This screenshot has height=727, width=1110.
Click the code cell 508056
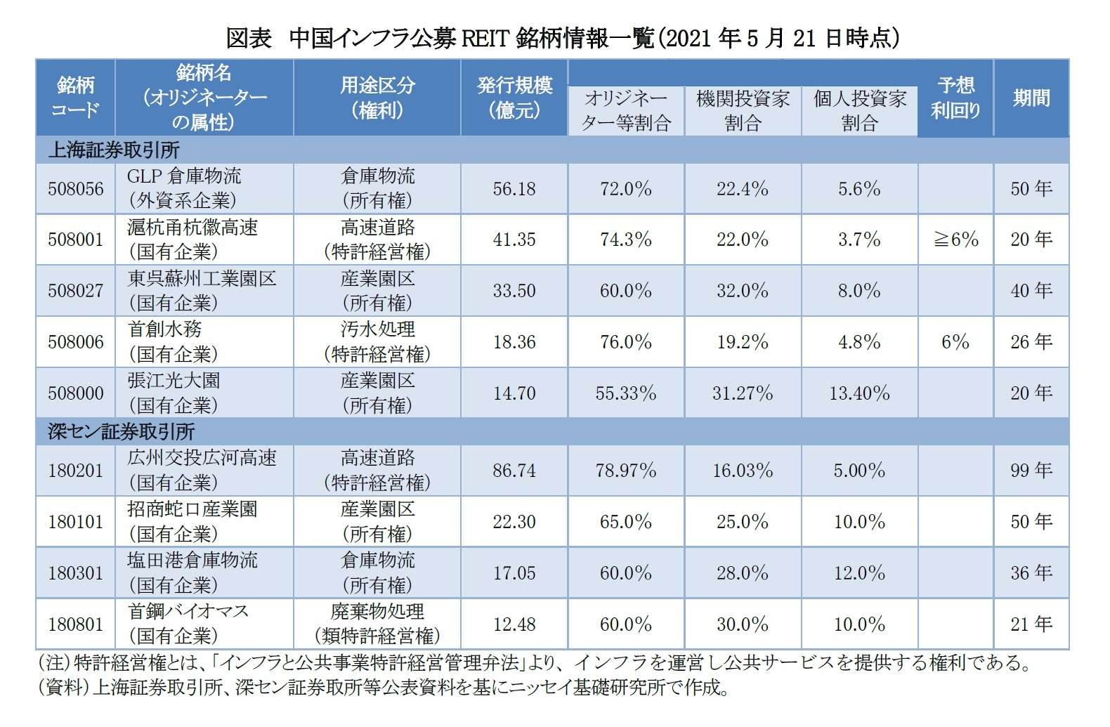(75, 189)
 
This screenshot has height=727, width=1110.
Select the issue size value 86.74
(514, 471)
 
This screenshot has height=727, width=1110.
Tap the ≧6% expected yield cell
(955, 240)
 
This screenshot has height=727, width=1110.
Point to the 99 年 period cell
(1031, 471)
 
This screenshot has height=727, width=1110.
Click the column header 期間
(1031, 98)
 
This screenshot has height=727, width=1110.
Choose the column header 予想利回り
(955, 98)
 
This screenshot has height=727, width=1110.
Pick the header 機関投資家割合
(743, 111)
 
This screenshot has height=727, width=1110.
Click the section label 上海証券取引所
(114, 150)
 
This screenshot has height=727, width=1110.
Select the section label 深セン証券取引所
(121, 431)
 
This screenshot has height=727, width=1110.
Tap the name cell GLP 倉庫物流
(184, 176)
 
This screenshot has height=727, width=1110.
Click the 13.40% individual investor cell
(859, 393)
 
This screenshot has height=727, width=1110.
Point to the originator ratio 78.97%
(625, 471)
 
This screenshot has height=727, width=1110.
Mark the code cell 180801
(75, 624)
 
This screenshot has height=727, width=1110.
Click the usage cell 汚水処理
(377, 329)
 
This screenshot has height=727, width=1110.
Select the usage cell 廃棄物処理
(377, 612)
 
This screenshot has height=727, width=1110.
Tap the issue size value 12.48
(514, 624)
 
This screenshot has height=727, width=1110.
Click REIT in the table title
(484, 38)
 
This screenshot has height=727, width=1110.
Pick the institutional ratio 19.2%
(743, 342)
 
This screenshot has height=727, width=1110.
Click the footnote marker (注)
(53, 662)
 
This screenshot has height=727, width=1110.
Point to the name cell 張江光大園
(174, 381)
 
